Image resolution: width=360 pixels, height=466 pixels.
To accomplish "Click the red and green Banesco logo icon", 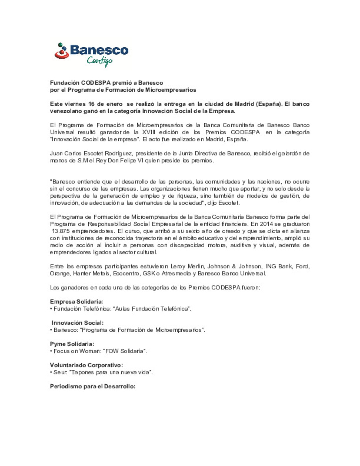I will point(61,51).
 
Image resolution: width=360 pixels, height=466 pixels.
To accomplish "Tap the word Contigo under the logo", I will point(99,61).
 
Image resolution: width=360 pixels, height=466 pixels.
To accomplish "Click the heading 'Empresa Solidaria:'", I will point(76,302).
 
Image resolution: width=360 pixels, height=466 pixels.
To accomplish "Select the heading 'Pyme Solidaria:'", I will point(72,344).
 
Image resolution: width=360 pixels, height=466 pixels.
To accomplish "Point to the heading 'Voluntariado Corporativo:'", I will point(86,365).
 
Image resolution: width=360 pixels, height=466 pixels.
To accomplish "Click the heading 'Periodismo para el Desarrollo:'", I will point(92,387).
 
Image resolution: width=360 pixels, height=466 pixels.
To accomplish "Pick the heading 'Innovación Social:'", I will point(77,323).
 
